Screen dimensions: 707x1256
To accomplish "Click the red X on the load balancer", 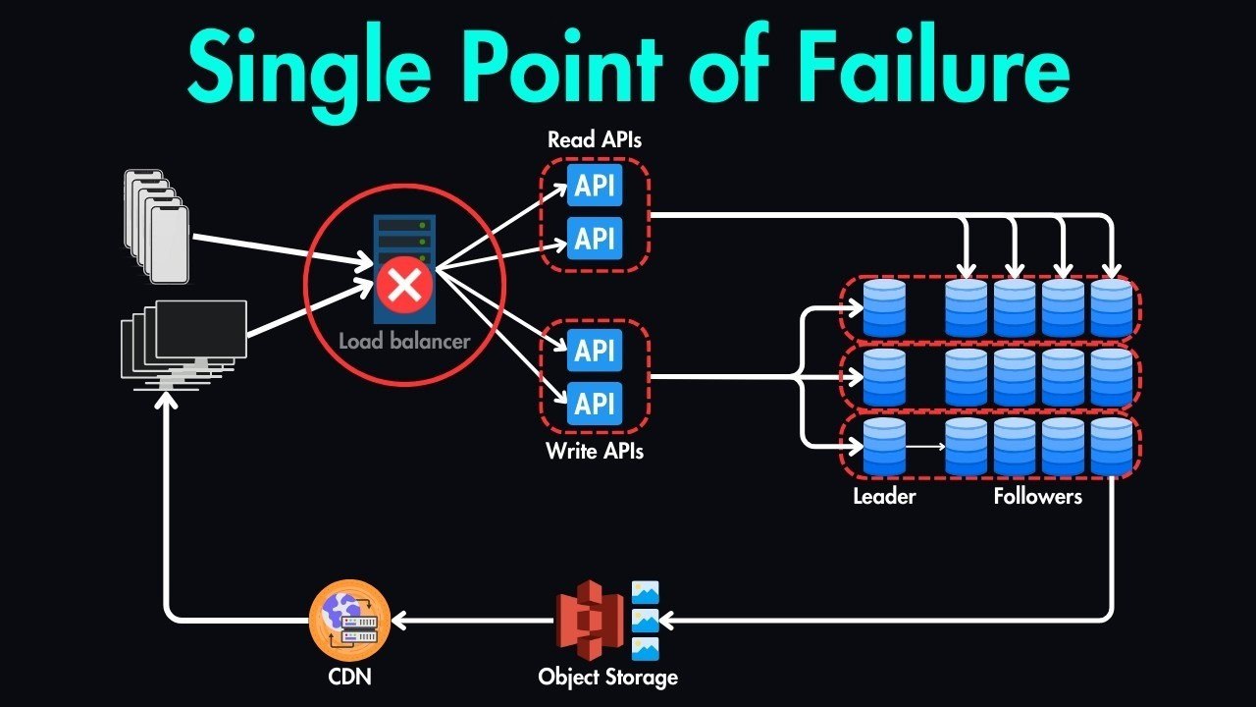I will (401, 287).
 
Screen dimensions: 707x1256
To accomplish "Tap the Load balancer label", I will (404, 342).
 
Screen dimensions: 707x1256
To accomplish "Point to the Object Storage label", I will (607, 677).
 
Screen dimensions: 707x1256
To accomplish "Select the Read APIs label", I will (595, 139).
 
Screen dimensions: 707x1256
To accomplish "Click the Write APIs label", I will (595, 453).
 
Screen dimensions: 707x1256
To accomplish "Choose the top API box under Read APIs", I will (595, 186).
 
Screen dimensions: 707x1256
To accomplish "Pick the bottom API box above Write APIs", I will (595, 403).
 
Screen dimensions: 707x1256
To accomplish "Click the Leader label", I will (884, 496).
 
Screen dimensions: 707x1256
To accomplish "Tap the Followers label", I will (1037, 496).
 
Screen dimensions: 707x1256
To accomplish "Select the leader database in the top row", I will (884, 308).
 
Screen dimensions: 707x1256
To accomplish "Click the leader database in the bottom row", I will (884, 447).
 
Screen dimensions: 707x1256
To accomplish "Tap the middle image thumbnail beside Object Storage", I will (646, 620).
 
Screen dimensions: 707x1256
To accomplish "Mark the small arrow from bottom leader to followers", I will (924, 447).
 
